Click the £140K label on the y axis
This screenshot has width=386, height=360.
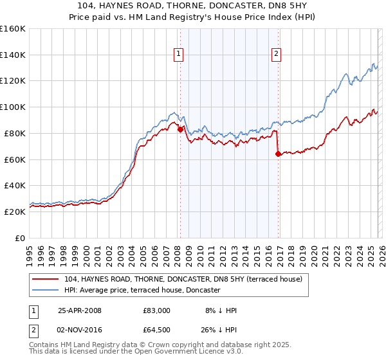pyautogui.click(x=12, y=55)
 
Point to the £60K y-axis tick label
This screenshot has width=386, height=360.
pyautogui.click(x=14, y=159)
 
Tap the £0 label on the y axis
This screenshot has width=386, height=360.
pyautogui.click(x=20, y=238)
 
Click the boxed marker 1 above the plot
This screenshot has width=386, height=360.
pyautogui.click(x=177, y=54)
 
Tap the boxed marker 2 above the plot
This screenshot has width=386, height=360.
pyautogui.click(x=276, y=54)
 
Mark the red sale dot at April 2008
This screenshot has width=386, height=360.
pyautogui.click(x=180, y=129)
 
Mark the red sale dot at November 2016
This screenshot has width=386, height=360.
pyautogui.click(x=278, y=153)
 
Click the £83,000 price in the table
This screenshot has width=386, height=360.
pyautogui.click(x=157, y=310)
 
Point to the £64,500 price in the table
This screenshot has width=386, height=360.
pyautogui.click(x=157, y=331)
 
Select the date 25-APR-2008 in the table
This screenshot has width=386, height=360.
pyautogui.click(x=80, y=310)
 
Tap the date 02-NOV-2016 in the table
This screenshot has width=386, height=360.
pyautogui.click(x=80, y=331)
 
